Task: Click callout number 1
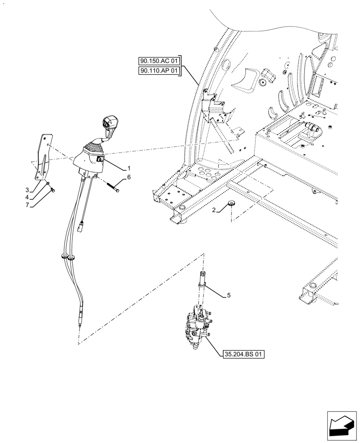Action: (129, 168)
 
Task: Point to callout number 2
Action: (214, 210)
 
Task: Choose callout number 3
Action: (27, 190)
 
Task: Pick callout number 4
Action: (27, 197)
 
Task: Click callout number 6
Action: (129, 177)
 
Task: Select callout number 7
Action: (27, 205)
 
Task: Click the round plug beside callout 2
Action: (231, 204)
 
